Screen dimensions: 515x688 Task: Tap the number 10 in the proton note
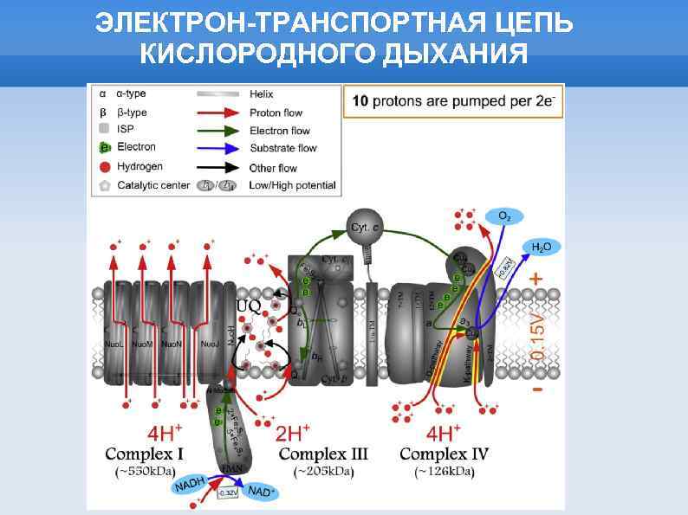tap(360, 101)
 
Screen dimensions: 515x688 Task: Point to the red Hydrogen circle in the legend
tap(105, 166)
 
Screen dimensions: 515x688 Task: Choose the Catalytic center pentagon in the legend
tap(105, 185)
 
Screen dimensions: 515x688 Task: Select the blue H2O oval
tap(540, 248)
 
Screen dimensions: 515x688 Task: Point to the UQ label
tap(248, 306)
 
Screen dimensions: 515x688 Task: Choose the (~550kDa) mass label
tap(145, 472)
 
